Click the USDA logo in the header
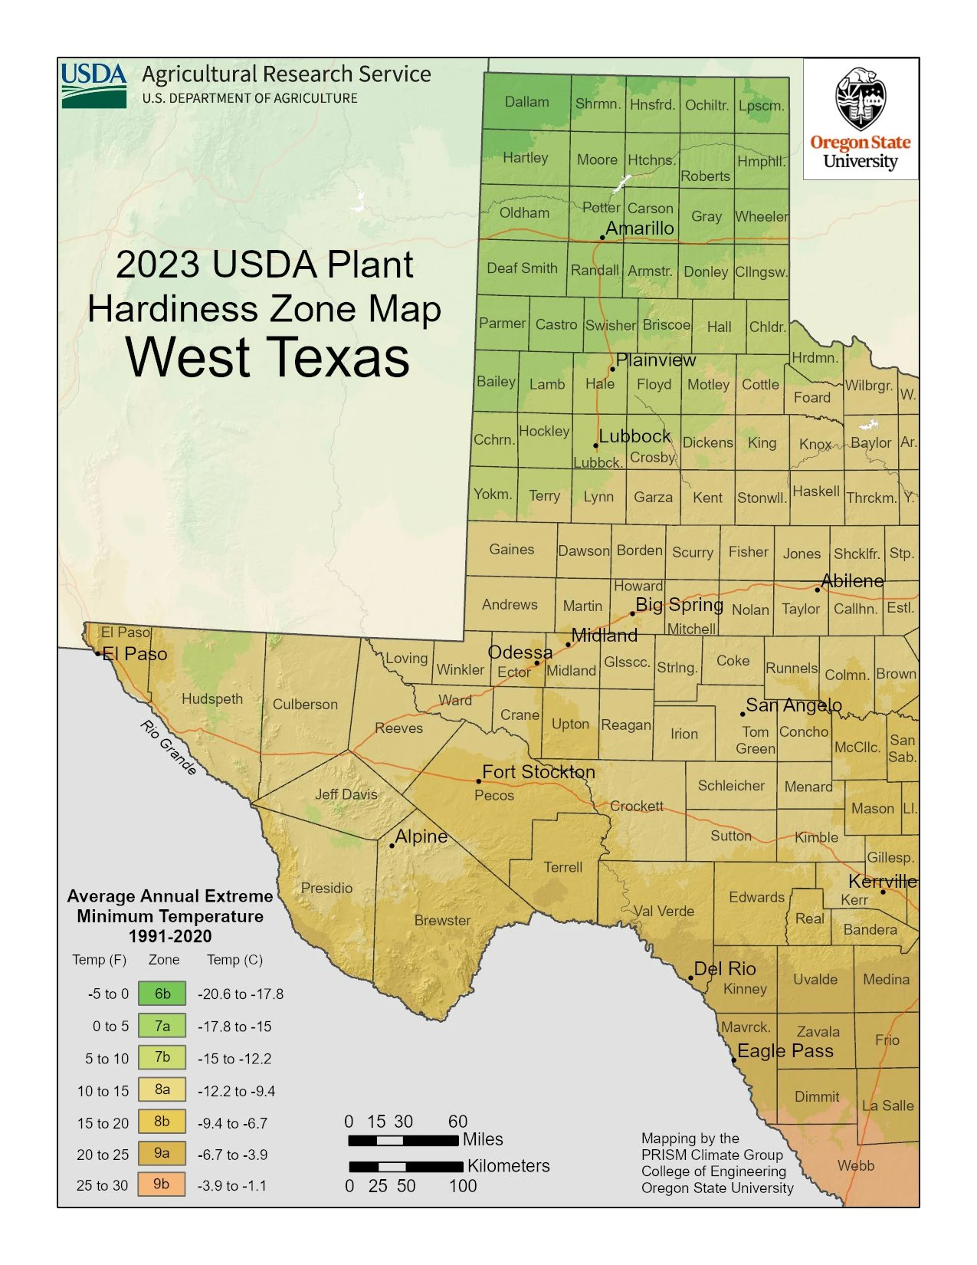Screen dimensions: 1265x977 (93, 85)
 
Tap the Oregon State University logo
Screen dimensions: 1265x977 (860, 119)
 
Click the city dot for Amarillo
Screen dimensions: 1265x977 (602, 238)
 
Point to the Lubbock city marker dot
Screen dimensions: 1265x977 (595, 445)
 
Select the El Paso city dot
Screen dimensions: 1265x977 (98, 653)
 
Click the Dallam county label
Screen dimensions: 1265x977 (526, 102)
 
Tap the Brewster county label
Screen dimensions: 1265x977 (442, 920)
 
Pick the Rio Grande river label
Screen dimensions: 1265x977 (168, 747)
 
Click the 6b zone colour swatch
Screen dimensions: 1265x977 (162, 994)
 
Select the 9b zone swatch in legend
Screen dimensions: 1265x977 (162, 1184)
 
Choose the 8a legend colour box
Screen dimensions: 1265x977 (162, 1089)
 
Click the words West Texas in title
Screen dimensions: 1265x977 (267, 357)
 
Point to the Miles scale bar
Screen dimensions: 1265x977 (403, 1141)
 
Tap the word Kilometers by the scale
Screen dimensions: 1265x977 (508, 1166)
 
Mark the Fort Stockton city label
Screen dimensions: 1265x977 (538, 772)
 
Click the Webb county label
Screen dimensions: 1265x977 (855, 1165)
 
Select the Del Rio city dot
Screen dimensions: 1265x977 (690, 978)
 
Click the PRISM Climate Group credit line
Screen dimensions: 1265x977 (712, 1155)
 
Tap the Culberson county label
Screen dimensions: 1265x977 (305, 705)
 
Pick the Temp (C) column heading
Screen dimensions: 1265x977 (234, 960)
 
